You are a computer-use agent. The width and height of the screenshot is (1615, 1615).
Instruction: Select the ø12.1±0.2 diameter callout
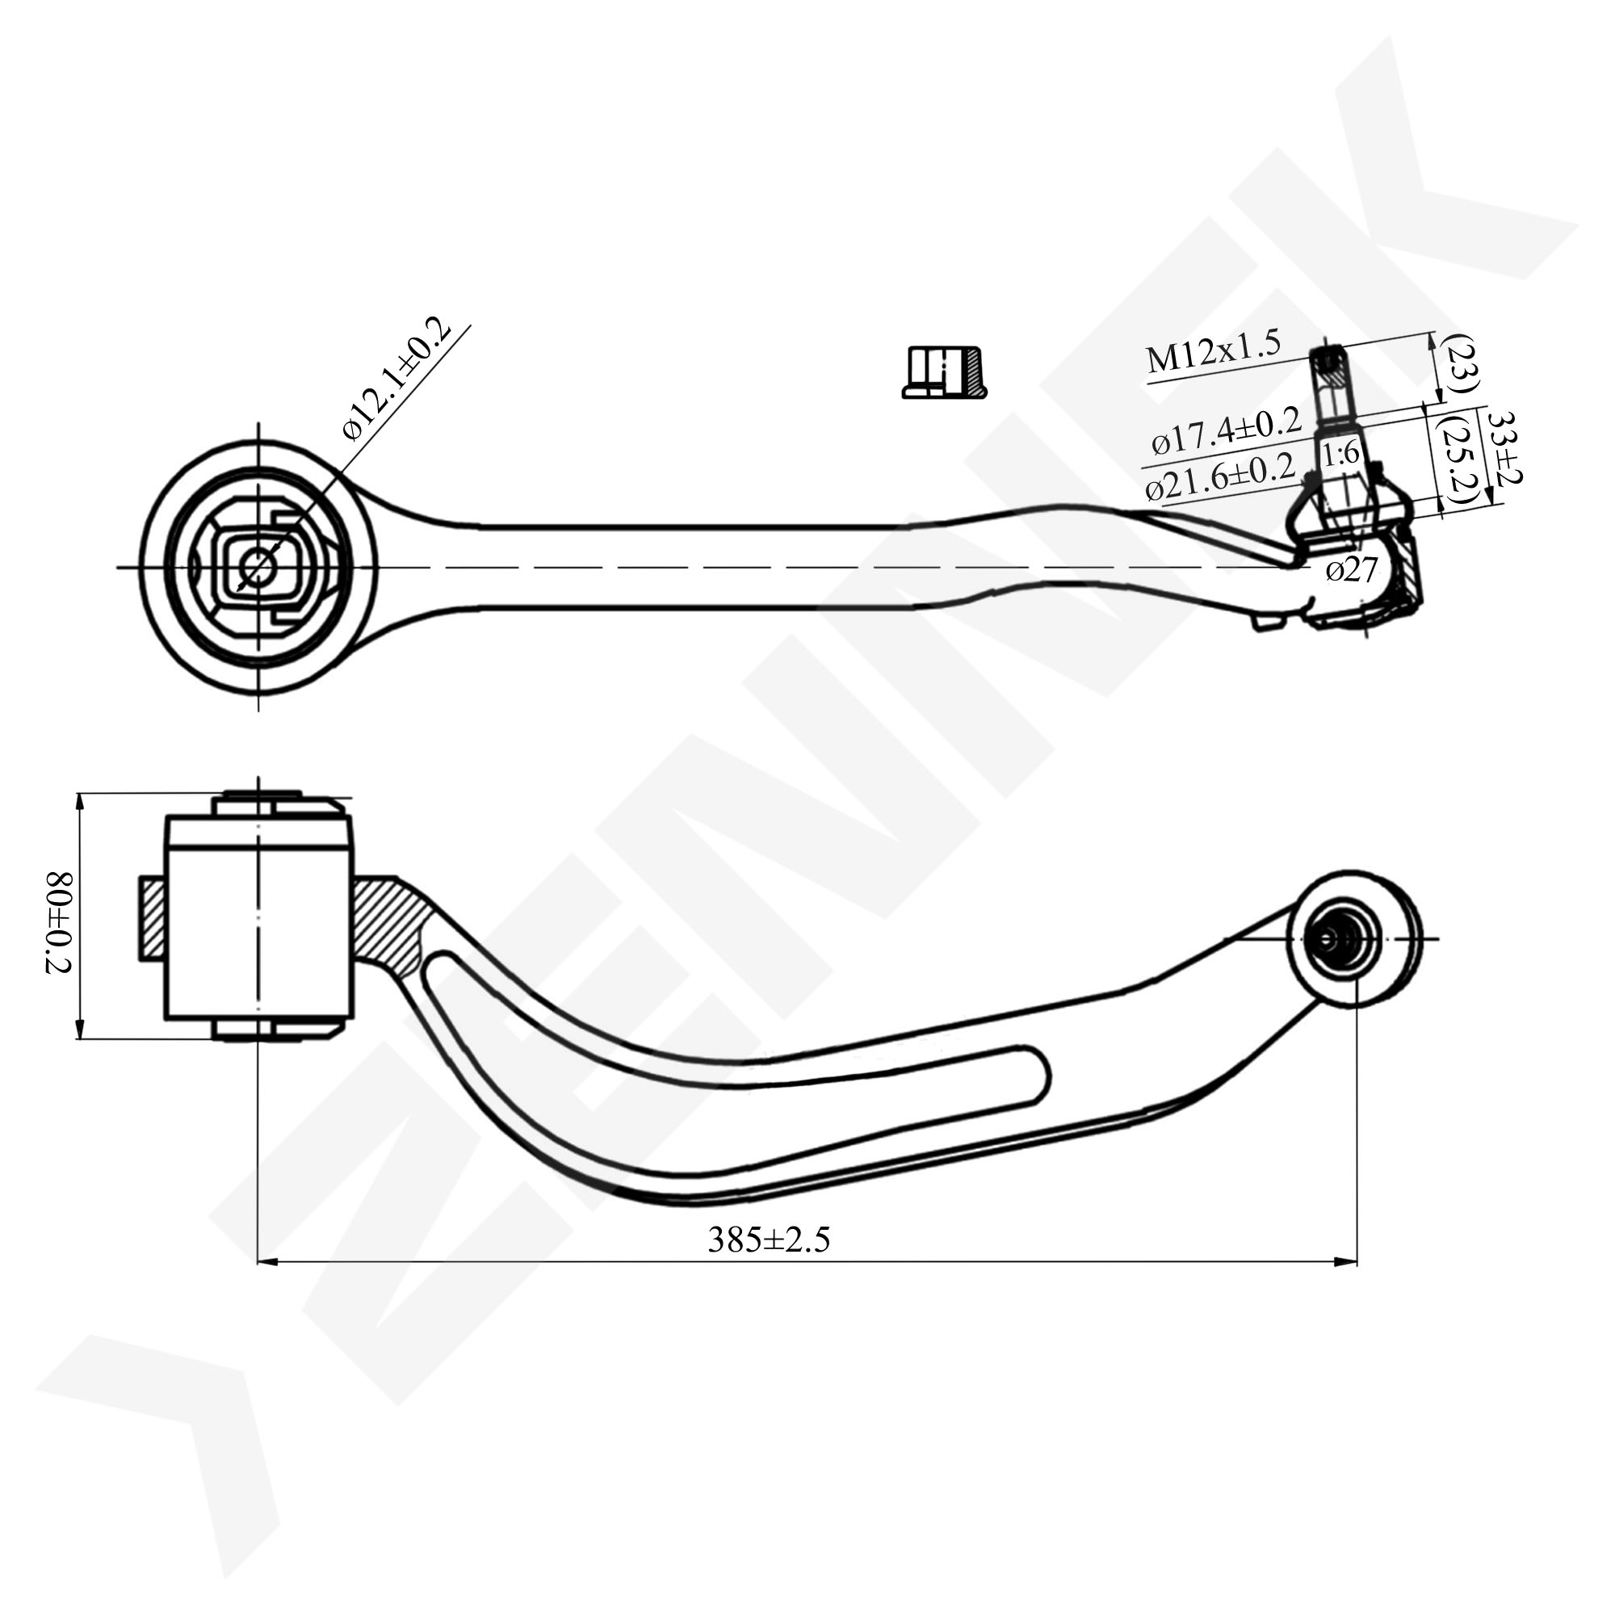click(397, 379)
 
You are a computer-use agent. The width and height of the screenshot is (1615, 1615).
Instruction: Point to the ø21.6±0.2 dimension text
click(1220, 476)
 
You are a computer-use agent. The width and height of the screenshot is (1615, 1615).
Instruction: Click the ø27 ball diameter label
click(1352, 570)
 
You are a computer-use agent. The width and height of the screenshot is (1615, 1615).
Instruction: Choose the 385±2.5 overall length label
click(769, 1240)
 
